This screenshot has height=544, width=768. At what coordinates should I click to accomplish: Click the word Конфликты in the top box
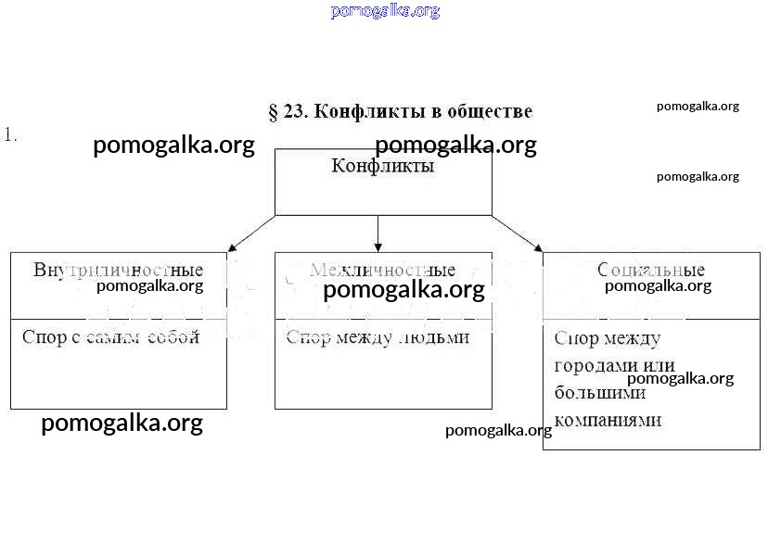pos(382,167)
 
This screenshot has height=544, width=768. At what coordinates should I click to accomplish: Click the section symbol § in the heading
pos(274,112)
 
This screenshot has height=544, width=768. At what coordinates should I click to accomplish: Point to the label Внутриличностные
pos(118,271)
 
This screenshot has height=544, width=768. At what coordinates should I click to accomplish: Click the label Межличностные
pos(382,271)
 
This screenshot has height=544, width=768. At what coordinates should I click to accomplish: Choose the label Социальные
pos(651,271)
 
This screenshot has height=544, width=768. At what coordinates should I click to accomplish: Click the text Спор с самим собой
pos(110,337)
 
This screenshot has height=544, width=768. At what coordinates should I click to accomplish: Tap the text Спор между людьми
pos(378,337)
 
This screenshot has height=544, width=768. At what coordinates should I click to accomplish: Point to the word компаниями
pos(608,420)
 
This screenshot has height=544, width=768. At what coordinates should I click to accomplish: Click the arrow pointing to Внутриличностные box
pos(250,234)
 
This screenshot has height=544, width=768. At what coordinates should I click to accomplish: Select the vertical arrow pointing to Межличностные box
pos(378,233)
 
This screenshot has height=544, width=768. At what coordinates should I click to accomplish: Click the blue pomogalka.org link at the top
pos(384,11)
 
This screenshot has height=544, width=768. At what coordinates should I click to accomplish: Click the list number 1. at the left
pos(10,134)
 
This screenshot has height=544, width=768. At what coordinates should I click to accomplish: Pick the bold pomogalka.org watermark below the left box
pos(122,424)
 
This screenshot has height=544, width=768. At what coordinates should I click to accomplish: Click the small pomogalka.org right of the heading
pos(698,106)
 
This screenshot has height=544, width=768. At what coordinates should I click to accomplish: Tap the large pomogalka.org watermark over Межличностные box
pos(403,290)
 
